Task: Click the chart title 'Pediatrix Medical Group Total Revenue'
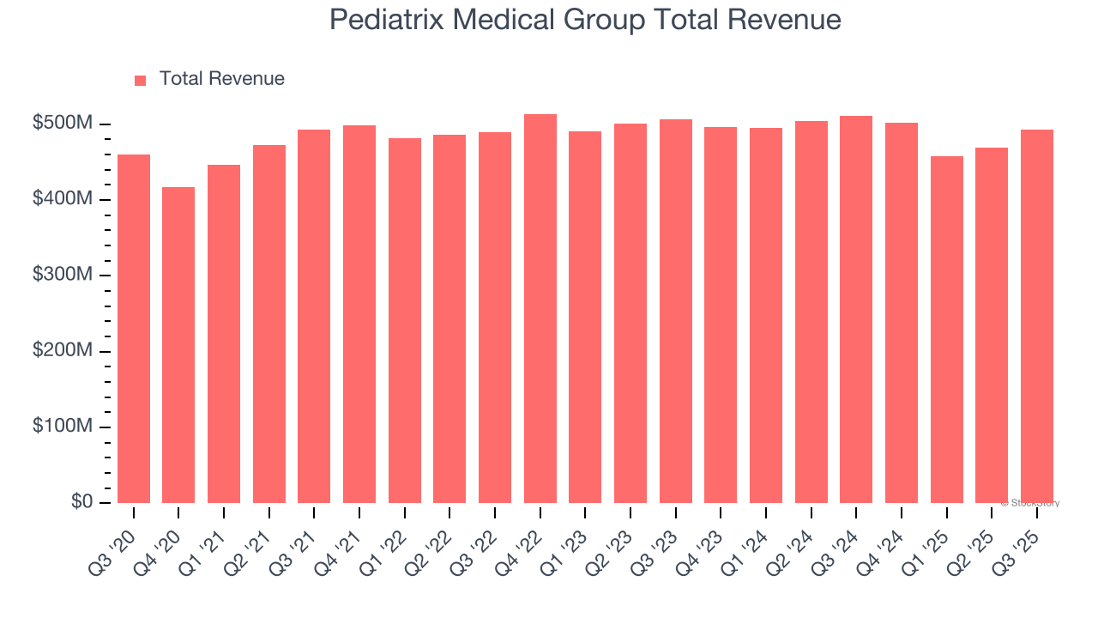[x=585, y=20]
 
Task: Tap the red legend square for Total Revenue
[x=141, y=80]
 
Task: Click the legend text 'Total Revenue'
[x=221, y=79]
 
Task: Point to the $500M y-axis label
[x=62, y=124]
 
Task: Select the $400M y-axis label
[x=62, y=199]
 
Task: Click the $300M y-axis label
[x=62, y=275]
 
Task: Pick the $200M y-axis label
[x=62, y=351]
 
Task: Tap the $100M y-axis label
[x=62, y=427]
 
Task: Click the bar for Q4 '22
[x=540, y=309]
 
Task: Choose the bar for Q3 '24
[x=856, y=310]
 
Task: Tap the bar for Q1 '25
[x=947, y=330]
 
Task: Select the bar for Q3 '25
[x=1037, y=317]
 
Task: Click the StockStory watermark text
[x=1029, y=503]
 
